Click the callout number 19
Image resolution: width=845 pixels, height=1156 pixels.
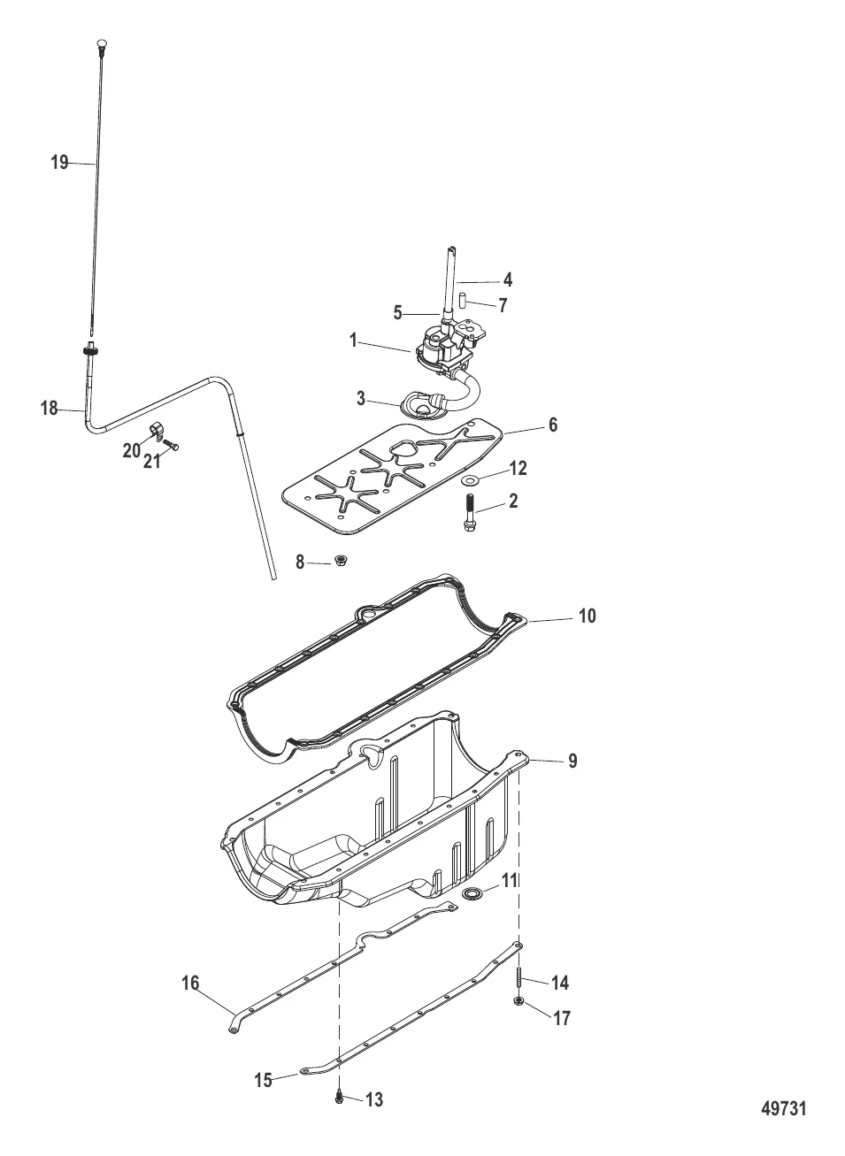coord(59,163)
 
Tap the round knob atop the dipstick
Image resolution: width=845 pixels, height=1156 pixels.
coord(99,42)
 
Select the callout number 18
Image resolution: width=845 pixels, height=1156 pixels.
coord(49,409)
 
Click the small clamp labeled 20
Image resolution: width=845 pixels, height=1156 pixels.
coord(158,432)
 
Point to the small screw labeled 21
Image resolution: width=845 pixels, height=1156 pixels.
coord(173,447)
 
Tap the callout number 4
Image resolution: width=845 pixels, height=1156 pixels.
coord(508,279)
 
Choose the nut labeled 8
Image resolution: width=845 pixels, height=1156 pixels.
coord(341,561)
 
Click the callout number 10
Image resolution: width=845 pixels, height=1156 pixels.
coord(588,616)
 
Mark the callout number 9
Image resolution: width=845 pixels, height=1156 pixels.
coord(572,760)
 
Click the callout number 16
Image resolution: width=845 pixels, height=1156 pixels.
coord(190,983)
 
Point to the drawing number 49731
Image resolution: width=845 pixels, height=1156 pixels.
coord(784,1109)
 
